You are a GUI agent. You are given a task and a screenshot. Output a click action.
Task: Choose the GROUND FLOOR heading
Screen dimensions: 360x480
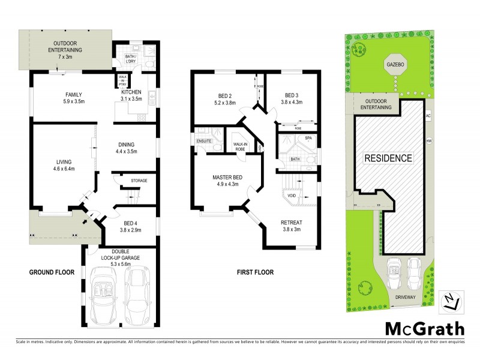tap(52, 272)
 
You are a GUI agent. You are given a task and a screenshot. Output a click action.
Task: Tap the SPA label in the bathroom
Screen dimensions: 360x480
tap(309, 139)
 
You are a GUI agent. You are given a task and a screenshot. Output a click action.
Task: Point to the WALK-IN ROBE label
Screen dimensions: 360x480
tap(241, 148)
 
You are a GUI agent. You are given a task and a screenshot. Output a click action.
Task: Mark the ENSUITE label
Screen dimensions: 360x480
tap(204, 141)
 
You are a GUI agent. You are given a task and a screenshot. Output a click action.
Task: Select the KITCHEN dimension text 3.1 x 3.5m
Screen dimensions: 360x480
tap(131, 99)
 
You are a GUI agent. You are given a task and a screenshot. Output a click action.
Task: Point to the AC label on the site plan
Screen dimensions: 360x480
tap(428, 115)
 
